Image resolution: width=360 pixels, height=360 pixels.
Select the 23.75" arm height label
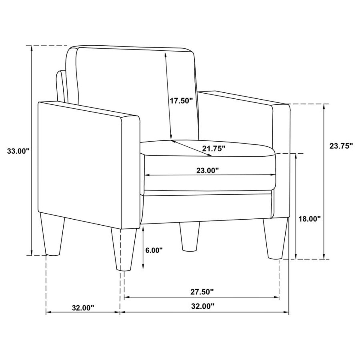[x=340, y=146]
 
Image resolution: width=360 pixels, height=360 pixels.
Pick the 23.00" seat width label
[x=208, y=171]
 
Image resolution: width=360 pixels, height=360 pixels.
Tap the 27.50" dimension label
[x=203, y=291]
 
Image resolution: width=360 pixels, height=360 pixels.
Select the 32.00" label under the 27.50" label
[x=203, y=306]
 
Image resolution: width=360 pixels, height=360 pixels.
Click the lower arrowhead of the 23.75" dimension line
[x=324, y=257]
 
